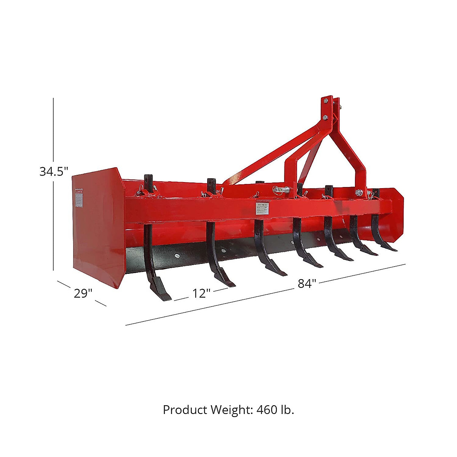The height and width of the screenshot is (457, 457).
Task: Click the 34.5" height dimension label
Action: pos(54,172)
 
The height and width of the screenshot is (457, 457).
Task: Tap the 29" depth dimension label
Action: pos(83,294)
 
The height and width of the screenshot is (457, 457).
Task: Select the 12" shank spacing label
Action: pos(201,294)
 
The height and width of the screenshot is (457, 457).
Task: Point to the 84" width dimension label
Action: pos(307,284)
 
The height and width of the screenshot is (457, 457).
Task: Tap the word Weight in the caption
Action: pos(230,410)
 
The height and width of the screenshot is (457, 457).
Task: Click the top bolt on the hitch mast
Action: pos(326,101)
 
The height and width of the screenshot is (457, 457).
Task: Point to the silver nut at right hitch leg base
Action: pos(359,193)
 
